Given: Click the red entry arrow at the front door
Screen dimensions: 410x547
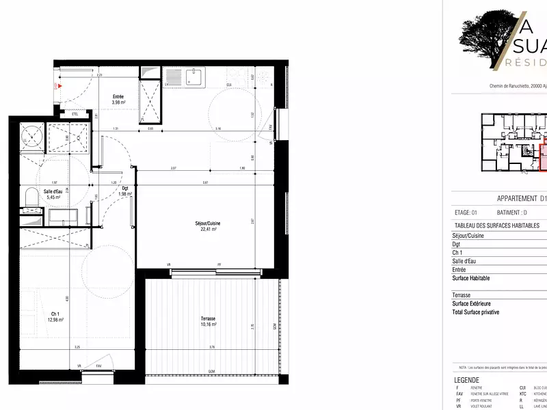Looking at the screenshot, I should [x=60, y=87].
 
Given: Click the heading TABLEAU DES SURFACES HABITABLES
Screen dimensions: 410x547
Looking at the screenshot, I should [x=496, y=225].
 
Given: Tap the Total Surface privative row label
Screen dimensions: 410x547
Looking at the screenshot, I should [x=476, y=312].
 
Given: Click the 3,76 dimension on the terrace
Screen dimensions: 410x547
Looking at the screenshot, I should [x=213, y=347].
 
